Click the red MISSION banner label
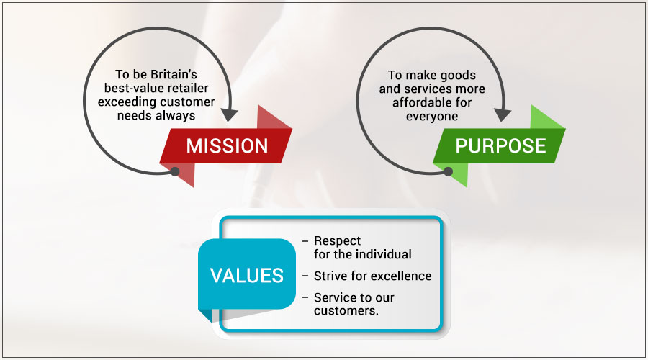click(x=227, y=146)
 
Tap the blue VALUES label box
click(x=247, y=274)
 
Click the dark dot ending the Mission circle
click(x=175, y=171)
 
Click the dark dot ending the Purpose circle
click(x=448, y=171)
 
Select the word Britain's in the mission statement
click(x=174, y=74)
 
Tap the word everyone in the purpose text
click(x=432, y=117)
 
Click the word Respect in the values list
click(x=337, y=241)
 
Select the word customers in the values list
click(x=346, y=310)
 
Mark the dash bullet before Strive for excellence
click(x=305, y=276)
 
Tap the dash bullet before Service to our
click(x=305, y=297)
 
